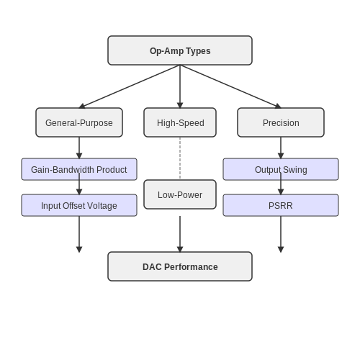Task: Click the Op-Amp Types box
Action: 180,50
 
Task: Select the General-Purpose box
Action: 79,122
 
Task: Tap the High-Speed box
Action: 180,122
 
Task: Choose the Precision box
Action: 281,122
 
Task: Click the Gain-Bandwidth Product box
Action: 79,169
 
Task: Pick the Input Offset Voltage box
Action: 79,205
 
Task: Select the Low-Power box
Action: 180,194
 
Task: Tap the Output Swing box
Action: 281,169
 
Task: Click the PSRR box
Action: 281,205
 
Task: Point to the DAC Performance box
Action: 180,266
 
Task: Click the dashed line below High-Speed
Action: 180,158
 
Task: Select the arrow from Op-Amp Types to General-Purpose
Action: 130,86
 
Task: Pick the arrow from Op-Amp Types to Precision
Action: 230,86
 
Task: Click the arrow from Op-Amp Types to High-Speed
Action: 180,86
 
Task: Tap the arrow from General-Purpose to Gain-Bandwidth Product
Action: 79,148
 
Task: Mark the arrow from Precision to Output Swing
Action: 281,148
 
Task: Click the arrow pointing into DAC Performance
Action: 180,234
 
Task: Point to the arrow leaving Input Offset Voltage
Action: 79,234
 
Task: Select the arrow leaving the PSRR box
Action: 281,234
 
